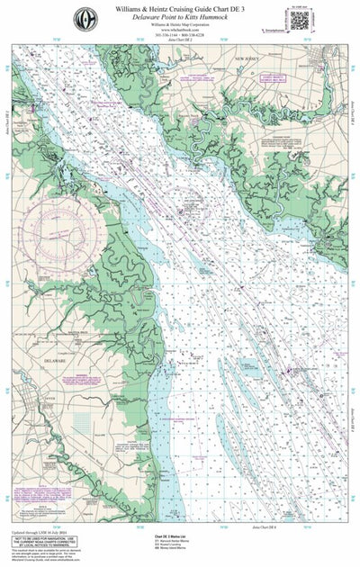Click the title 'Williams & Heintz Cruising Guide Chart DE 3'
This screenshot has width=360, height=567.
point(181,7)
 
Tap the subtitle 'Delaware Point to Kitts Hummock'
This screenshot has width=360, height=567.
point(181,17)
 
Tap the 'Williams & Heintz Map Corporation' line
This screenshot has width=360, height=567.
point(181,27)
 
